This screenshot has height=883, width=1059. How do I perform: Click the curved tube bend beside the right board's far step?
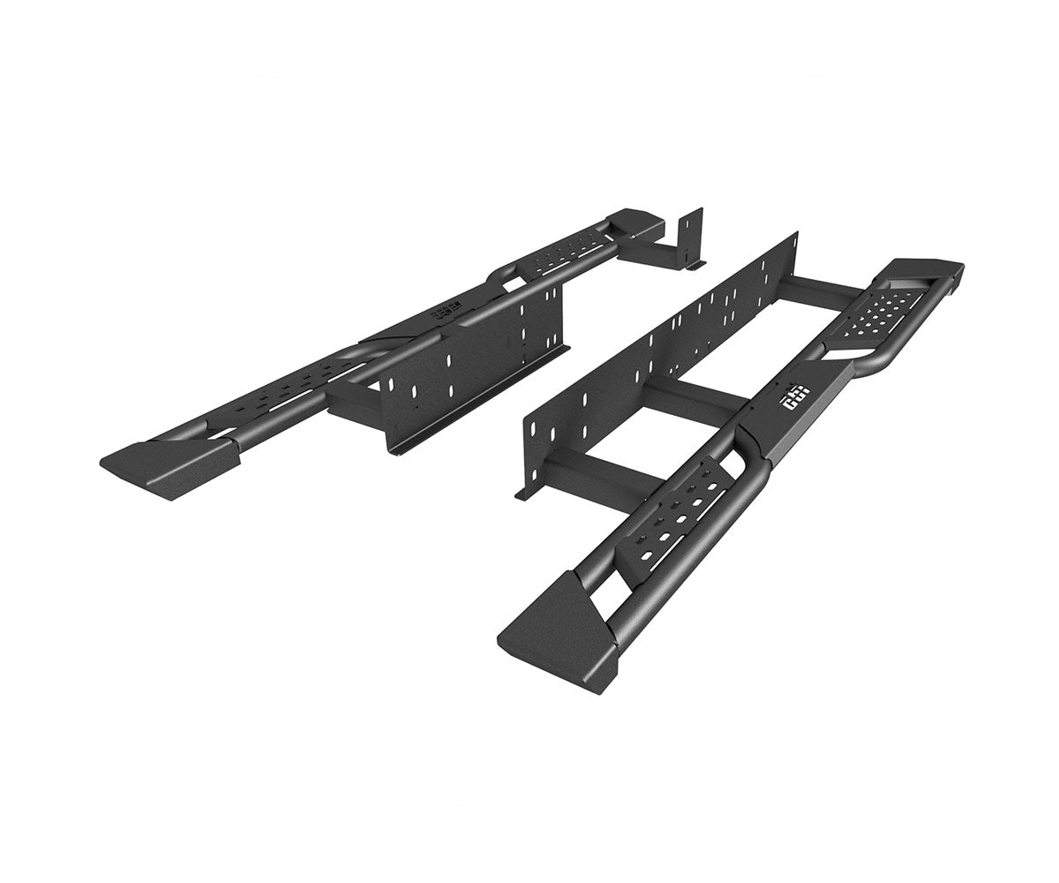[x=874, y=368]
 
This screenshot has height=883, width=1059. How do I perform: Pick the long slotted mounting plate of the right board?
[x=657, y=353]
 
